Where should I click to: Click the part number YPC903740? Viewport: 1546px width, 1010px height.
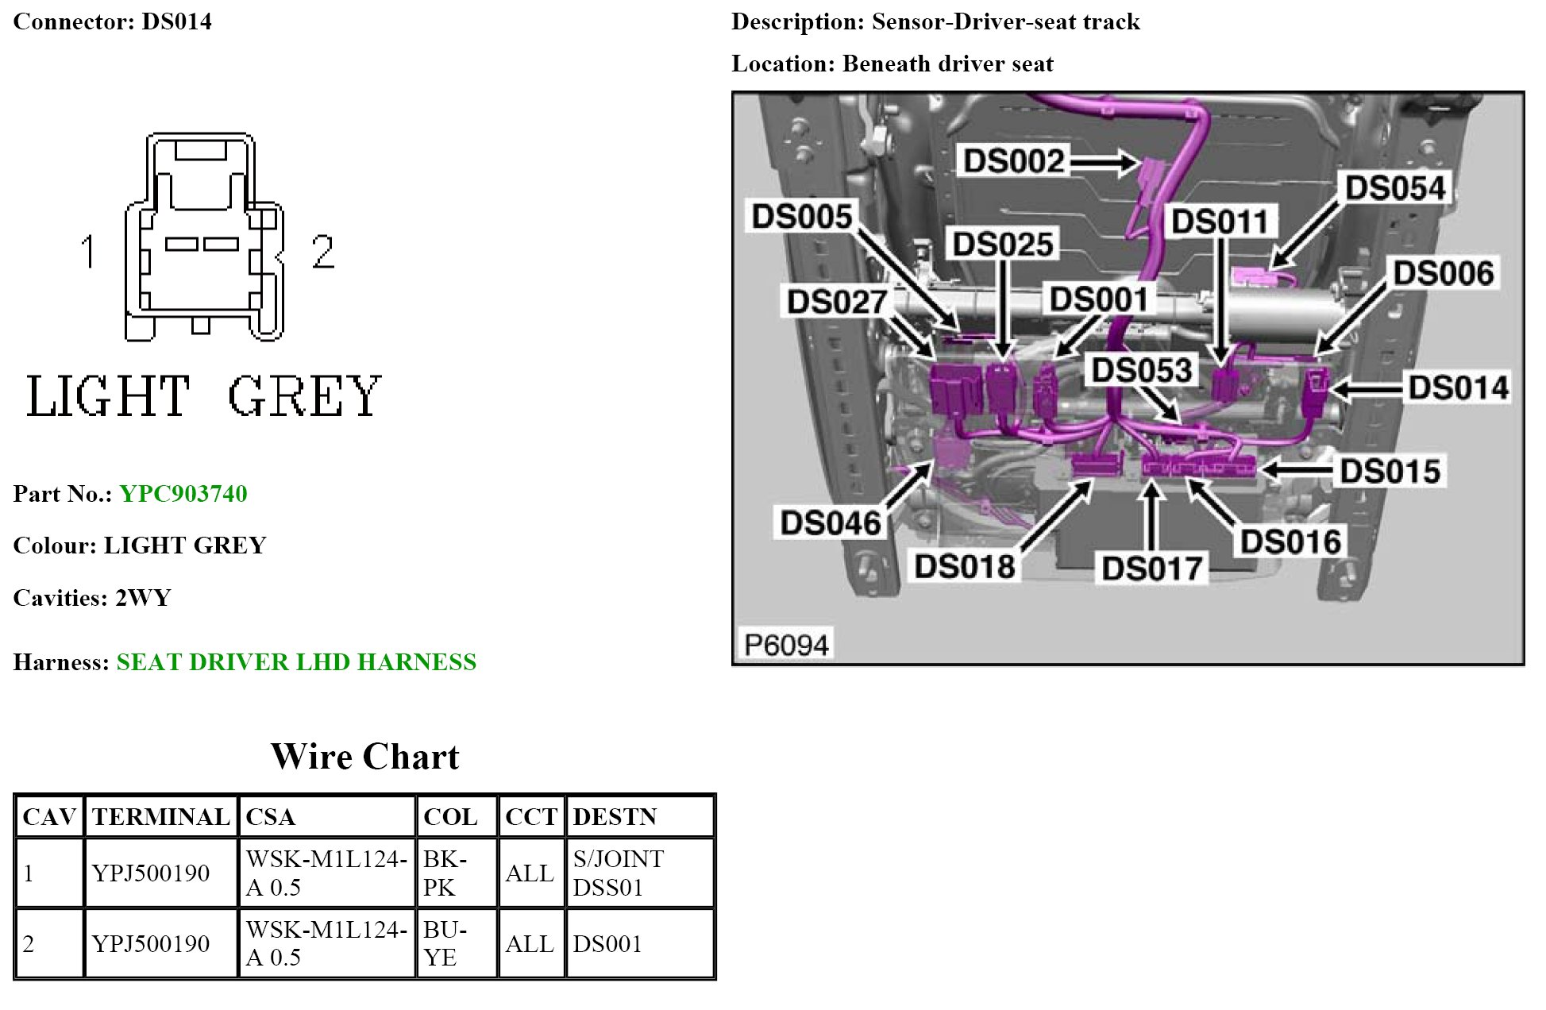click(x=183, y=494)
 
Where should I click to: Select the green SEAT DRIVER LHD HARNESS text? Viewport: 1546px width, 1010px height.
click(x=296, y=662)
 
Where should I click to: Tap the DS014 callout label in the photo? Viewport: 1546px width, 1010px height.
click(x=1458, y=388)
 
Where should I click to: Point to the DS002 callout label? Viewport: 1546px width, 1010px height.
click(x=1013, y=161)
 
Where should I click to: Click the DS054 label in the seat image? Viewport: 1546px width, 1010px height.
click(x=1395, y=189)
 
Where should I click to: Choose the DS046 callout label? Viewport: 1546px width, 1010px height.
click(x=830, y=523)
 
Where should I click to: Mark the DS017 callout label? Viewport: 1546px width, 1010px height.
click(x=1151, y=569)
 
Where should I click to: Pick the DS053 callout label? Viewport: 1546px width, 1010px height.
click(x=1142, y=370)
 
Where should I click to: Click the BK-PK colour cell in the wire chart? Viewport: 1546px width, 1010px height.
click(x=456, y=873)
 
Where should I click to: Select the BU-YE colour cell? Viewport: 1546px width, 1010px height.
click(x=456, y=943)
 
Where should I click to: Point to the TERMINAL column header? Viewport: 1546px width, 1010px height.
click(x=160, y=817)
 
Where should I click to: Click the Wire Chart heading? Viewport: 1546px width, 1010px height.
click(x=365, y=757)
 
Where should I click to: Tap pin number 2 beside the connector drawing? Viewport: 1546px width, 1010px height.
click(x=322, y=252)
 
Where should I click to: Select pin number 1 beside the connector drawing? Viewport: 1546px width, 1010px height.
click(x=88, y=252)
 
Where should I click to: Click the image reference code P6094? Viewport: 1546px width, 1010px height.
click(x=785, y=644)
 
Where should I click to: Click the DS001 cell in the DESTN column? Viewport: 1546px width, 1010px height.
click(x=607, y=943)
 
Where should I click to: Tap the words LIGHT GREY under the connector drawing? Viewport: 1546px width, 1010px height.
click(x=204, y=396)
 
